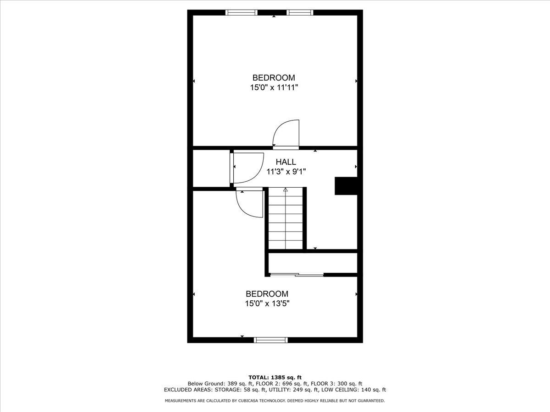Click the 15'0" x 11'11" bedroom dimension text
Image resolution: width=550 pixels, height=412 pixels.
coord(274,88)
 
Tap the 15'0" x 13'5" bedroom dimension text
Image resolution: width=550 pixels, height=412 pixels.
coord(267,304)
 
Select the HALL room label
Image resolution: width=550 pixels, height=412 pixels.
coord(286,162)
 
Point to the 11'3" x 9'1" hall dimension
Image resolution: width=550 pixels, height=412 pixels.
coord(286,172)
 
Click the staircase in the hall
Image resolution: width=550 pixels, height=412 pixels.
coord(286,218)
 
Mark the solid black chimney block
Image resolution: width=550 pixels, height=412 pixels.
coord(346,186)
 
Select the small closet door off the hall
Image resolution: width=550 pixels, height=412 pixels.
coord(247,168)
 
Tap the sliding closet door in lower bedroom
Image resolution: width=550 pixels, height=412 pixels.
coord(297,275)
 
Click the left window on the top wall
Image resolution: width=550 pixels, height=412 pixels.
coord(242,12)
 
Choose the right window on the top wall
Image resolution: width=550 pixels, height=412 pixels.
coord(300,12)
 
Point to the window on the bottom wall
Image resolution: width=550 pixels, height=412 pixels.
coord(271,340)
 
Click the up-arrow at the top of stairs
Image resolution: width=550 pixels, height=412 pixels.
coord(286,190)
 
